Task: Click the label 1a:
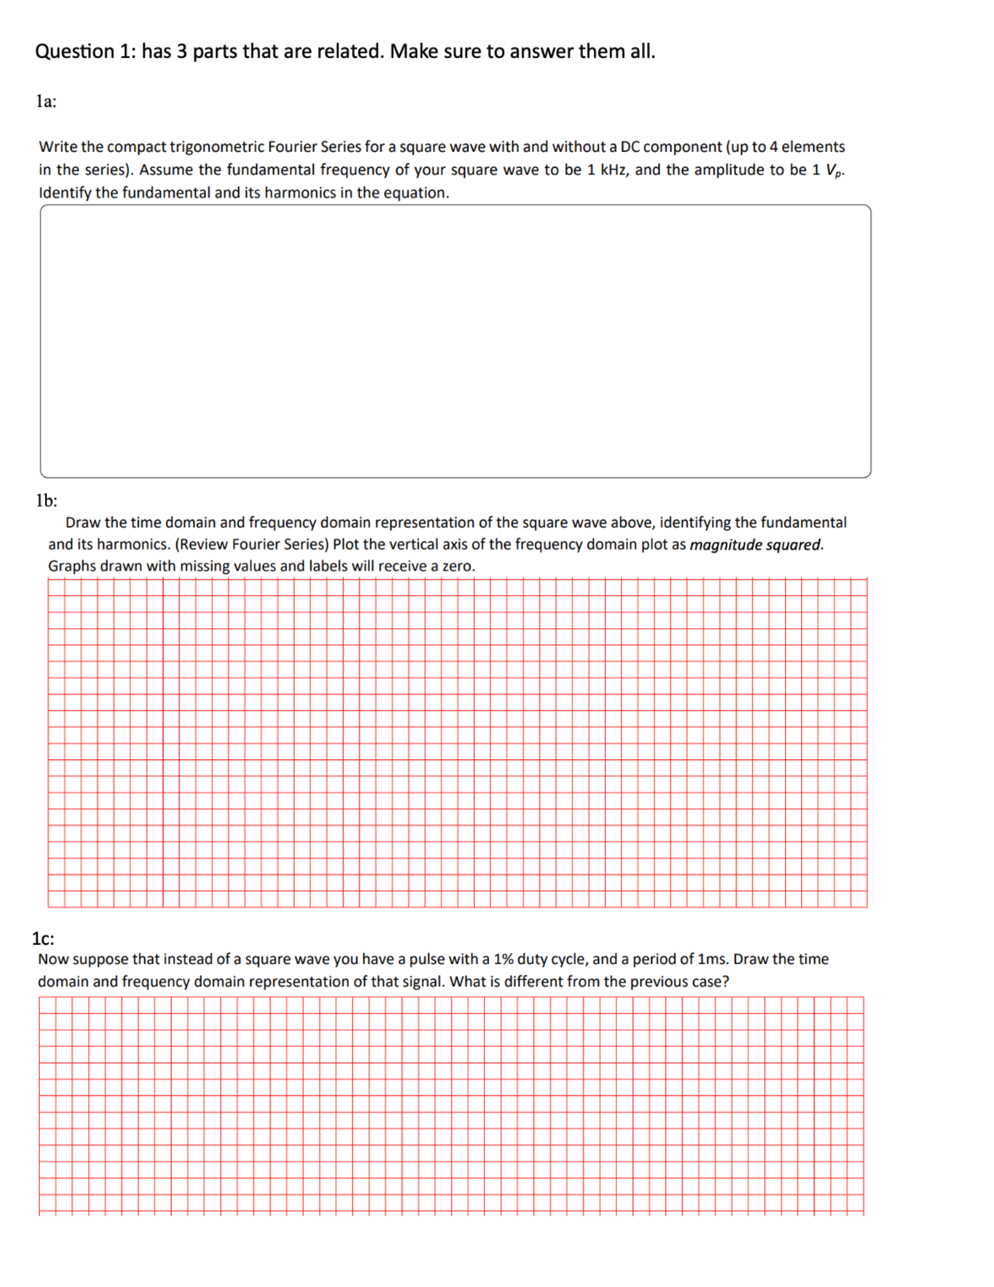point(46,101)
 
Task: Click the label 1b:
point(46,500)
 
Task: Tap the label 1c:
point(43,938)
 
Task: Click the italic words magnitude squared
point(755,544)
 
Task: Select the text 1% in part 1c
point(503,959)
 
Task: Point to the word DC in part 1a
point(629,147)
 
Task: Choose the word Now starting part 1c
point(51,959)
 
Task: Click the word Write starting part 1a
point(58,147)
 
